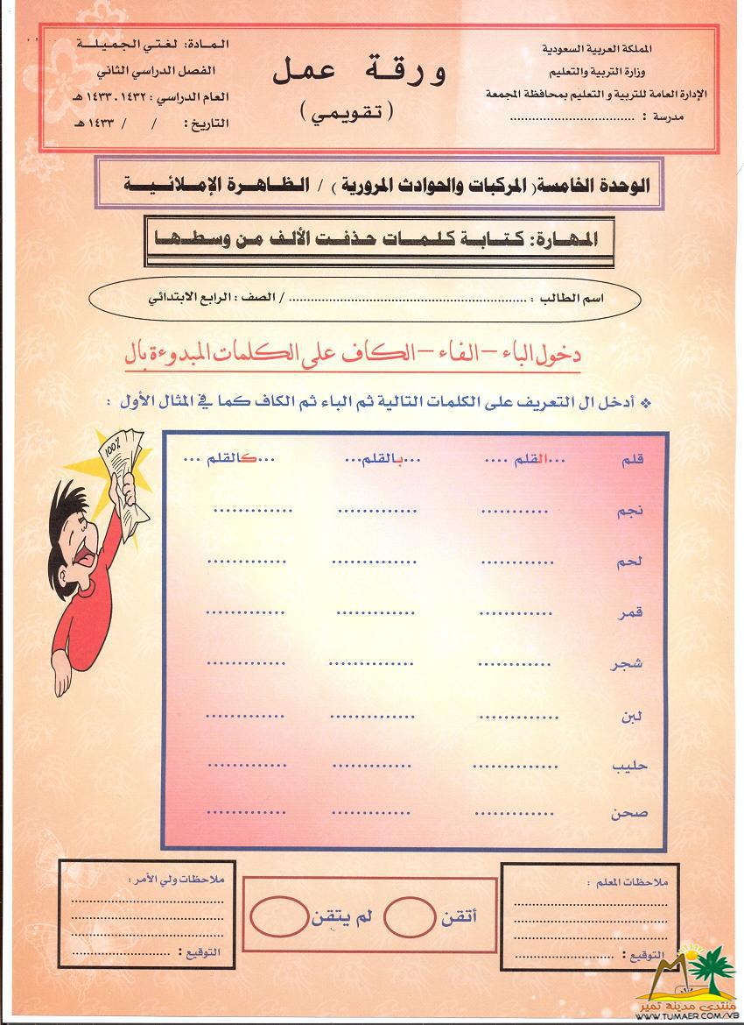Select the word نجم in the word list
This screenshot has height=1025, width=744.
[630, 512]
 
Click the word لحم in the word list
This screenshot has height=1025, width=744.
[629, 562]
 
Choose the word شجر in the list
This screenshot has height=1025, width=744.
[628, 662]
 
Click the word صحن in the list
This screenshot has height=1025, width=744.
[630, 813]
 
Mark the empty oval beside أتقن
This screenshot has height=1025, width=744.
[409, 916]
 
